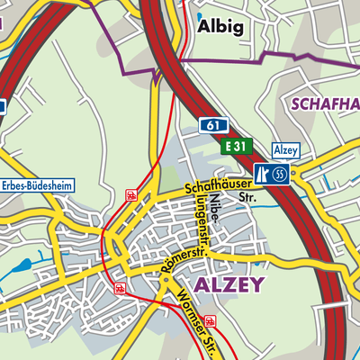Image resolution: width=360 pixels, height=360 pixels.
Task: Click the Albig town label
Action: [219, 27]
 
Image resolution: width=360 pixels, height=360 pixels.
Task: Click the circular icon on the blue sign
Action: [281, 174]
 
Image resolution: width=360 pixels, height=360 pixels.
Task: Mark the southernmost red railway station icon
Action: [211, 319]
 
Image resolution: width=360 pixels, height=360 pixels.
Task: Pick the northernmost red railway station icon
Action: [130, 194]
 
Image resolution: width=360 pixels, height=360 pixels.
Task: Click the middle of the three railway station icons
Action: [119, 288]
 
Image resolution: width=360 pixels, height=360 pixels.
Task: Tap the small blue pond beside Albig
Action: [199, 16]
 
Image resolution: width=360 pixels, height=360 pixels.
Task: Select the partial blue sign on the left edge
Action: [3, 106]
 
